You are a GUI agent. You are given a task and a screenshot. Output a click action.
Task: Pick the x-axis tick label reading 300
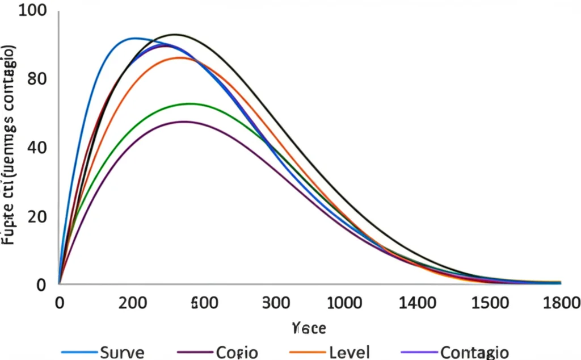[277, 302]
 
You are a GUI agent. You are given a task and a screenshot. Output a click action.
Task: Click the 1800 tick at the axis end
[561, 302]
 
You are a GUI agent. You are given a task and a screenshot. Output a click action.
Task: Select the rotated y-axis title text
[10, 145]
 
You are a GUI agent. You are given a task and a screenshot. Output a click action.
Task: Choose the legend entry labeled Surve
[121, 352]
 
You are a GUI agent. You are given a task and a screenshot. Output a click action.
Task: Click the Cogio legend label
[237, 352]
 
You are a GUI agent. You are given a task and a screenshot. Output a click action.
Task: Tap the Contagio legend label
[474, 352]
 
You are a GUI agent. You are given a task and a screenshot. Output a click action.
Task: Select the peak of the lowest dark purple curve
[184, 122]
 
